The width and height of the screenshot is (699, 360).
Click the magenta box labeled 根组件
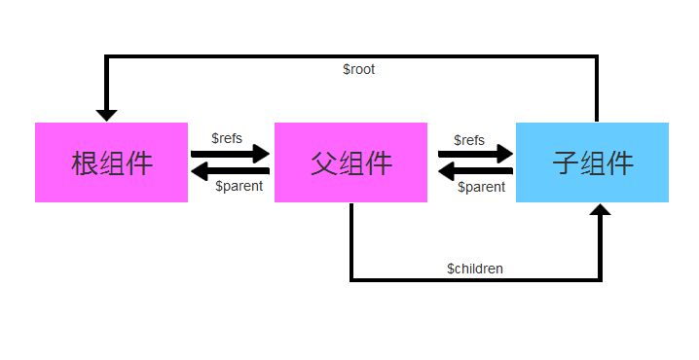(x=111, y=162)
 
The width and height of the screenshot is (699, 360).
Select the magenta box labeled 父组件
(x=350, y=162)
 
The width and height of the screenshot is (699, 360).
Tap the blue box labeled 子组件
(x=592, y=162)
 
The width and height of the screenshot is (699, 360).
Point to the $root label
(x=359, y=70)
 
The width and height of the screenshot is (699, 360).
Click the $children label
(x=475, y=268)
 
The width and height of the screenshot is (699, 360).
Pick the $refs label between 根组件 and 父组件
(x=227, y=139)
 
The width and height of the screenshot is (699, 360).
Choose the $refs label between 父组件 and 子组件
(x=469, y=141)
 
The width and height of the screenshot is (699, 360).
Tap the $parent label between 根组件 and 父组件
(x=239, y=186)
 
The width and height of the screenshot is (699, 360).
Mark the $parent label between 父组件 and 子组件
(x=482, y=187)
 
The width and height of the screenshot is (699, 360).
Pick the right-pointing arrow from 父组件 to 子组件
(x=474, y=154)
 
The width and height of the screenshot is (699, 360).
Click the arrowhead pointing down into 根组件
(x=106, y=114)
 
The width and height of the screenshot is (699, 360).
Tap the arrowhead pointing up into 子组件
(x=601, y=210)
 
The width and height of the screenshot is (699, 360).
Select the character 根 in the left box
(x=84, y=163)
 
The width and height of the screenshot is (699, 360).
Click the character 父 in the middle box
(x=323, y=163)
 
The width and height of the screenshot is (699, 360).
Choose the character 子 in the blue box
(x=565, y=163)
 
